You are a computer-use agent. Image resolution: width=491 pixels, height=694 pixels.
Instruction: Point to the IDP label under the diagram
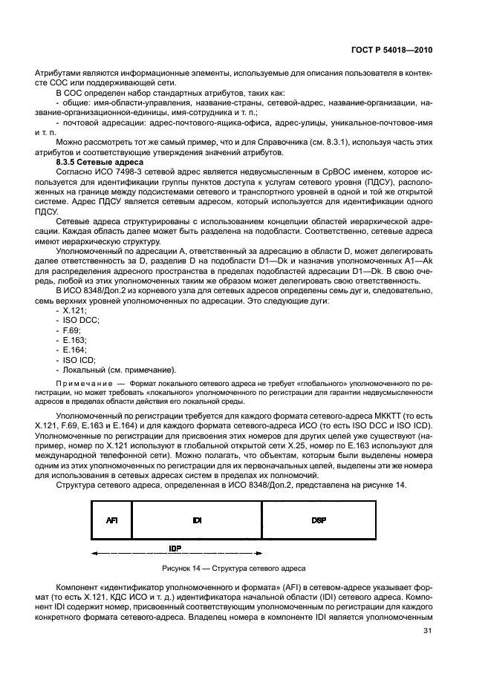(x=175, y=548)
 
